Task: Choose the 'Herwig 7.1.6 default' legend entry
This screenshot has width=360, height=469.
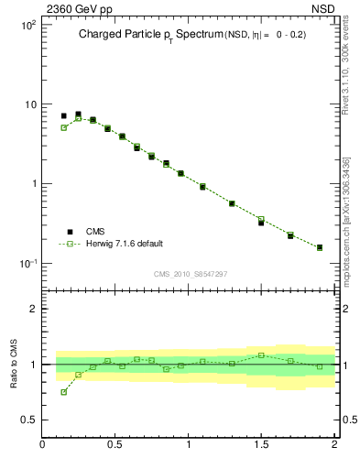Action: pos(123,244)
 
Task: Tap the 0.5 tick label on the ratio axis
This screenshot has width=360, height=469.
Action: pos(28,420)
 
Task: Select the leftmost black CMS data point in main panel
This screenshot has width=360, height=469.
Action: pos(63,116)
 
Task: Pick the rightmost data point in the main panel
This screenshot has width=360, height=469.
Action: pos(319,247)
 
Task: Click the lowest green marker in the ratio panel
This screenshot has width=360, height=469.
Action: pos(63,392)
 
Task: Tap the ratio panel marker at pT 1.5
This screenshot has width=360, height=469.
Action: pos(261,354)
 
